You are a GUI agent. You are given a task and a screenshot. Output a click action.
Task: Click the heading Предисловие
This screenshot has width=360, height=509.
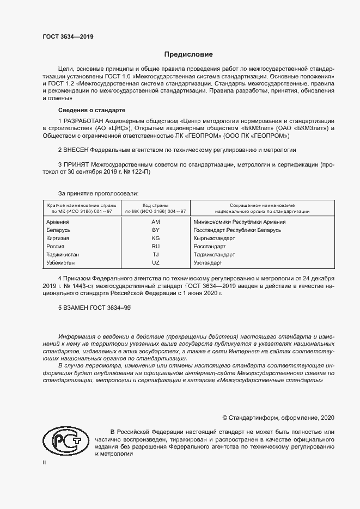click(x=188, y=54)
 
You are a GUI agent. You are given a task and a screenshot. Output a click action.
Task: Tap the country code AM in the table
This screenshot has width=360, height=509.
click(x=156, y=222)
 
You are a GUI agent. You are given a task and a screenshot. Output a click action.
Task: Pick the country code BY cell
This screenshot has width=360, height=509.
click(x=156, y=230)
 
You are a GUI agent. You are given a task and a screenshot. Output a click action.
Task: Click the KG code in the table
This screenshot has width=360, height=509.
click(x=156, y=238)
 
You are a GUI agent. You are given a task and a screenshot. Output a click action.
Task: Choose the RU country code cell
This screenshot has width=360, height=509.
click(x=156, y=247)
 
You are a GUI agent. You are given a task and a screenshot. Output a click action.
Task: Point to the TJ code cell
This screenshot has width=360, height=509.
click(x=156, y=255)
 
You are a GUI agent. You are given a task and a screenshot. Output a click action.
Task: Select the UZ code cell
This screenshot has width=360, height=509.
click(x=156, y=263)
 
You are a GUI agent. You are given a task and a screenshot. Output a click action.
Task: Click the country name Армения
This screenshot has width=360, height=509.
click(x=58, y=222)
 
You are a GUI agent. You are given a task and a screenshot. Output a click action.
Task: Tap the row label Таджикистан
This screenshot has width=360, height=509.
click(x=63, y=255)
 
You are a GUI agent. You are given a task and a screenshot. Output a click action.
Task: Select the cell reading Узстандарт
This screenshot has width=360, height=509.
click(x=208, y=263)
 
